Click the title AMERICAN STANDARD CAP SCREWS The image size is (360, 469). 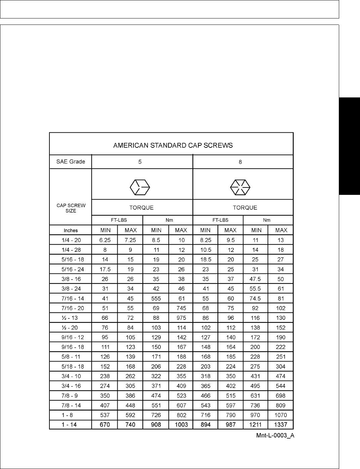pos(173,145)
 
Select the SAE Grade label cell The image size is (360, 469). pos(71,162)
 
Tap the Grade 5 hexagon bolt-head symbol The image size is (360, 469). pos(140,186)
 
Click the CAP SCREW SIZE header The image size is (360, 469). pos(71,208)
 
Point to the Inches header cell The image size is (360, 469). pos(71,230)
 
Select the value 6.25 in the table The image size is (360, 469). pos(105,240)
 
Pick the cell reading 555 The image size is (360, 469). pos(156,298)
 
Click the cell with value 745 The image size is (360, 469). pos(181,308)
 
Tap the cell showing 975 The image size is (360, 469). pos(181,318)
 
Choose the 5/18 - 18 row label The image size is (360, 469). pos(71,367)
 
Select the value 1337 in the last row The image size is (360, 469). pos(281,425)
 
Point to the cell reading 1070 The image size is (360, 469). pos(281,415)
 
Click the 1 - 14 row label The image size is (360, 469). pos(69,425)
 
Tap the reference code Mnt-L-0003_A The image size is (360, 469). pos(275,436)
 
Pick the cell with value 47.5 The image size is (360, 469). pos(256,279)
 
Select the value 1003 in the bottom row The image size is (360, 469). pos(181,425)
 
